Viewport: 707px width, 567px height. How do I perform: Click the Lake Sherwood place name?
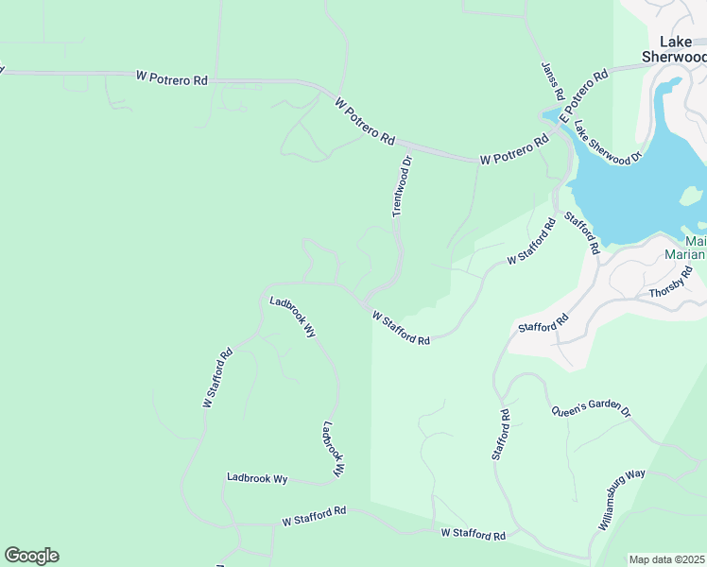(674, 49)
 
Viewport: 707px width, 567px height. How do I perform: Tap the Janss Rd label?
(552, 81)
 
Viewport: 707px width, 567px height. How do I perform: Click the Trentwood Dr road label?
(403, 186)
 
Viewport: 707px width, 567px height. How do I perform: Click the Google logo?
(31, 556)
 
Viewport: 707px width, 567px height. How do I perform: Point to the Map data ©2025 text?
(667, 559)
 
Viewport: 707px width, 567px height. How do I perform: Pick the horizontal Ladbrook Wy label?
(257, 479)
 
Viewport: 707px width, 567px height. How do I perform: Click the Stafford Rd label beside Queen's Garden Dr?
(501, 435)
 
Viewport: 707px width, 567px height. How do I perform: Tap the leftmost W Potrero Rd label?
(171, 78)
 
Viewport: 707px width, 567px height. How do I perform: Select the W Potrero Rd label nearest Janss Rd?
(513, 151)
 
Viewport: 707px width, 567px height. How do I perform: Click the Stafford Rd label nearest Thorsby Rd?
(543, 322)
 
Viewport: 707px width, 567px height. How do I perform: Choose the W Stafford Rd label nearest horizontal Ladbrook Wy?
(314, 516)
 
